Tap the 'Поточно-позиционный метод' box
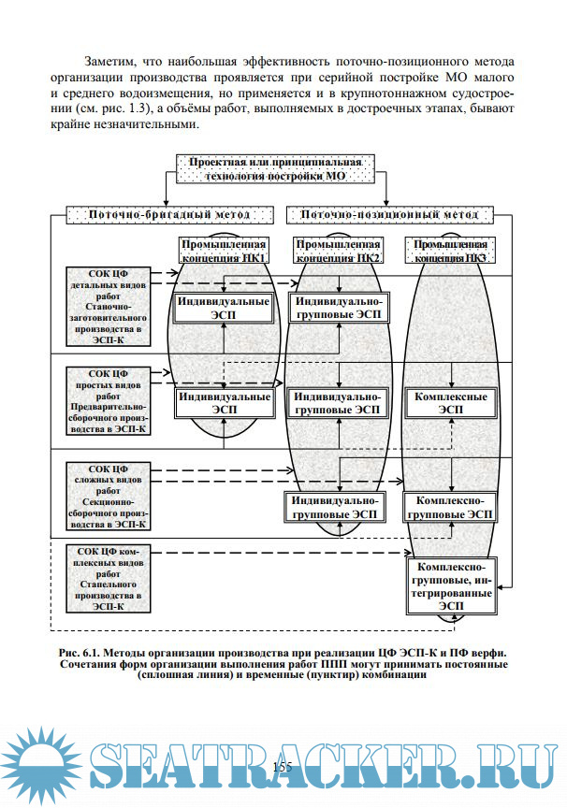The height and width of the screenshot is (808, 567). click(389, 214)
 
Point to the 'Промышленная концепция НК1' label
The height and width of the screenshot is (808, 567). click(224, 250)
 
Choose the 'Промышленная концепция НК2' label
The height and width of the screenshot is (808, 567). click(337, 250)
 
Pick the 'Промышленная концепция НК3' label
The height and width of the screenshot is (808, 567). click(451, 250)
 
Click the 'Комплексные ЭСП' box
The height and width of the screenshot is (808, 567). click(451, 402)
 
